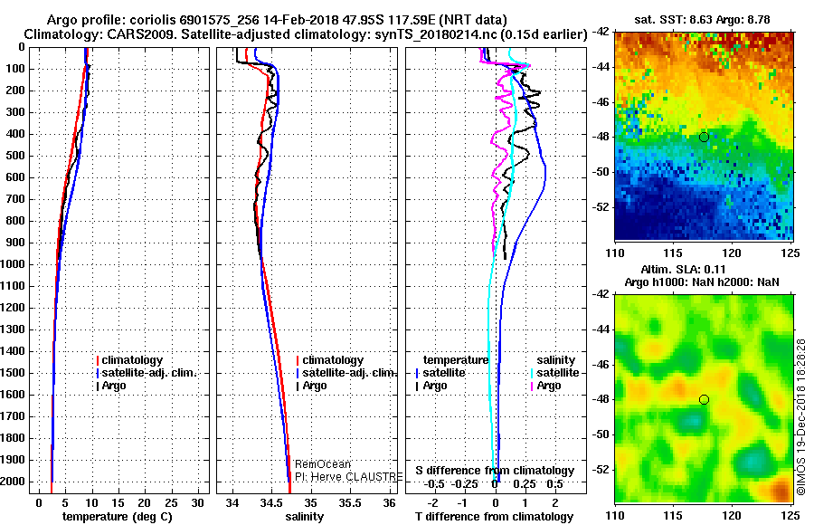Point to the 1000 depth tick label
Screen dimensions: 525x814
coord(15,264)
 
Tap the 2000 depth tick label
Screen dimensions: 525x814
coord(15,482)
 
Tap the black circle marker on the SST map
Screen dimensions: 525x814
coord(704,137)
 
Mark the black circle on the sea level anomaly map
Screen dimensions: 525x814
coord(704,399)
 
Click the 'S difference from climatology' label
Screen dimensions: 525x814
coord(495,471)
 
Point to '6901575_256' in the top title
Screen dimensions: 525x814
coord(211,20)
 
